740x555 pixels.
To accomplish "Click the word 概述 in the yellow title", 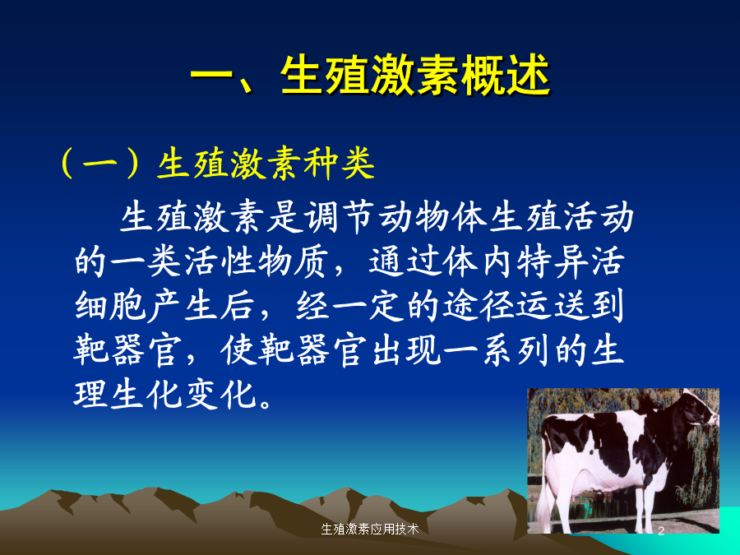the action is pyautogui.click(x=506, y=76).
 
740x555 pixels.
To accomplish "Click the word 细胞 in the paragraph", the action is pyautogui.click(x=109, y=305).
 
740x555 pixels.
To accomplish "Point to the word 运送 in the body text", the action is pyautogui.click(x=553, y=305).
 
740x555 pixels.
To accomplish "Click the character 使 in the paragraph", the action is pyautogui.click(x=238, y=349).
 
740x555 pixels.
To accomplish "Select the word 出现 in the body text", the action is pyautogui.click(x=407, y=349).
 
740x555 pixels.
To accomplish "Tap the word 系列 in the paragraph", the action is pyautogui.click(x=516, y=349).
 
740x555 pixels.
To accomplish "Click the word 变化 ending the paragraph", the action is pyautogui.click(x=221, y=394).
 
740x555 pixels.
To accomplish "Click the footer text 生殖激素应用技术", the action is pyautogui.click(x=369, y=529).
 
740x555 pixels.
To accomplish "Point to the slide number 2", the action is pyautogui.click(x=661, y=530).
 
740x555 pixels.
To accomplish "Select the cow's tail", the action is pyautogui.click(x=543, y=472).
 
